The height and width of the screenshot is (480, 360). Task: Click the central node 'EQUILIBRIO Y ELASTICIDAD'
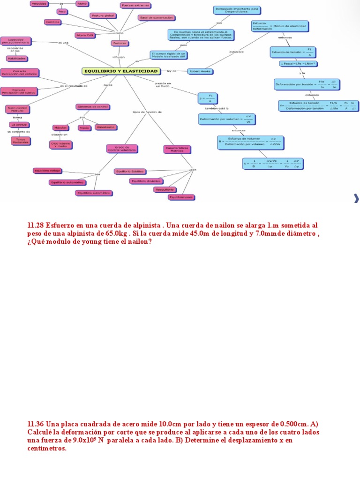[x=120, y=71]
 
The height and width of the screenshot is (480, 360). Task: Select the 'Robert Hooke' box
[x=200, y=71]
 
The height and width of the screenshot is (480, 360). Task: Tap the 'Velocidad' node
[x=38, y=3]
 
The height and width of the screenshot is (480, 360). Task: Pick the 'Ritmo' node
[x=82, y=3]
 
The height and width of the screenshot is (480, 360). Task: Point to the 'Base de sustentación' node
[x=156, y=18]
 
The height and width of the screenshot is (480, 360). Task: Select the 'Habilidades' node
[x=16, y=59]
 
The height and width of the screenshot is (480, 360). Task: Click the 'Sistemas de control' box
[x=94, y=106]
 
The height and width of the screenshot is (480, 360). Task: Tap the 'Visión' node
[x=84, y=127]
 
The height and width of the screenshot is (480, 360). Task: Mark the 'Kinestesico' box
[x=106, y=127]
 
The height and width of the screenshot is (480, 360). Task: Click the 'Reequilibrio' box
[x=165, y=189]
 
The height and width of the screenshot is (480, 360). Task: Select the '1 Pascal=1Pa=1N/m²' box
[x=297, y=63]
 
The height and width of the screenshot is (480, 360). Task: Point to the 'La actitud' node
[x=20, y=125]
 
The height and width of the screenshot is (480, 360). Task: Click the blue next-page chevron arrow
[x=356, y=199]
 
